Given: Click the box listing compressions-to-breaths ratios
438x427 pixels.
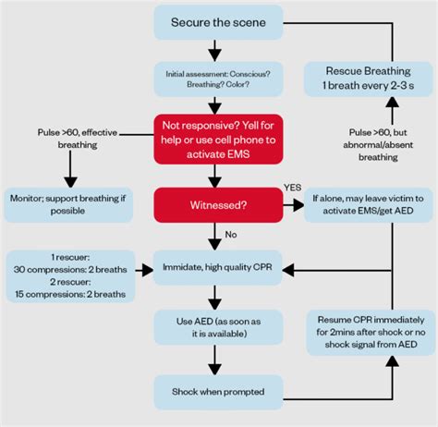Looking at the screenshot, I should click(x=69, y=276).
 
